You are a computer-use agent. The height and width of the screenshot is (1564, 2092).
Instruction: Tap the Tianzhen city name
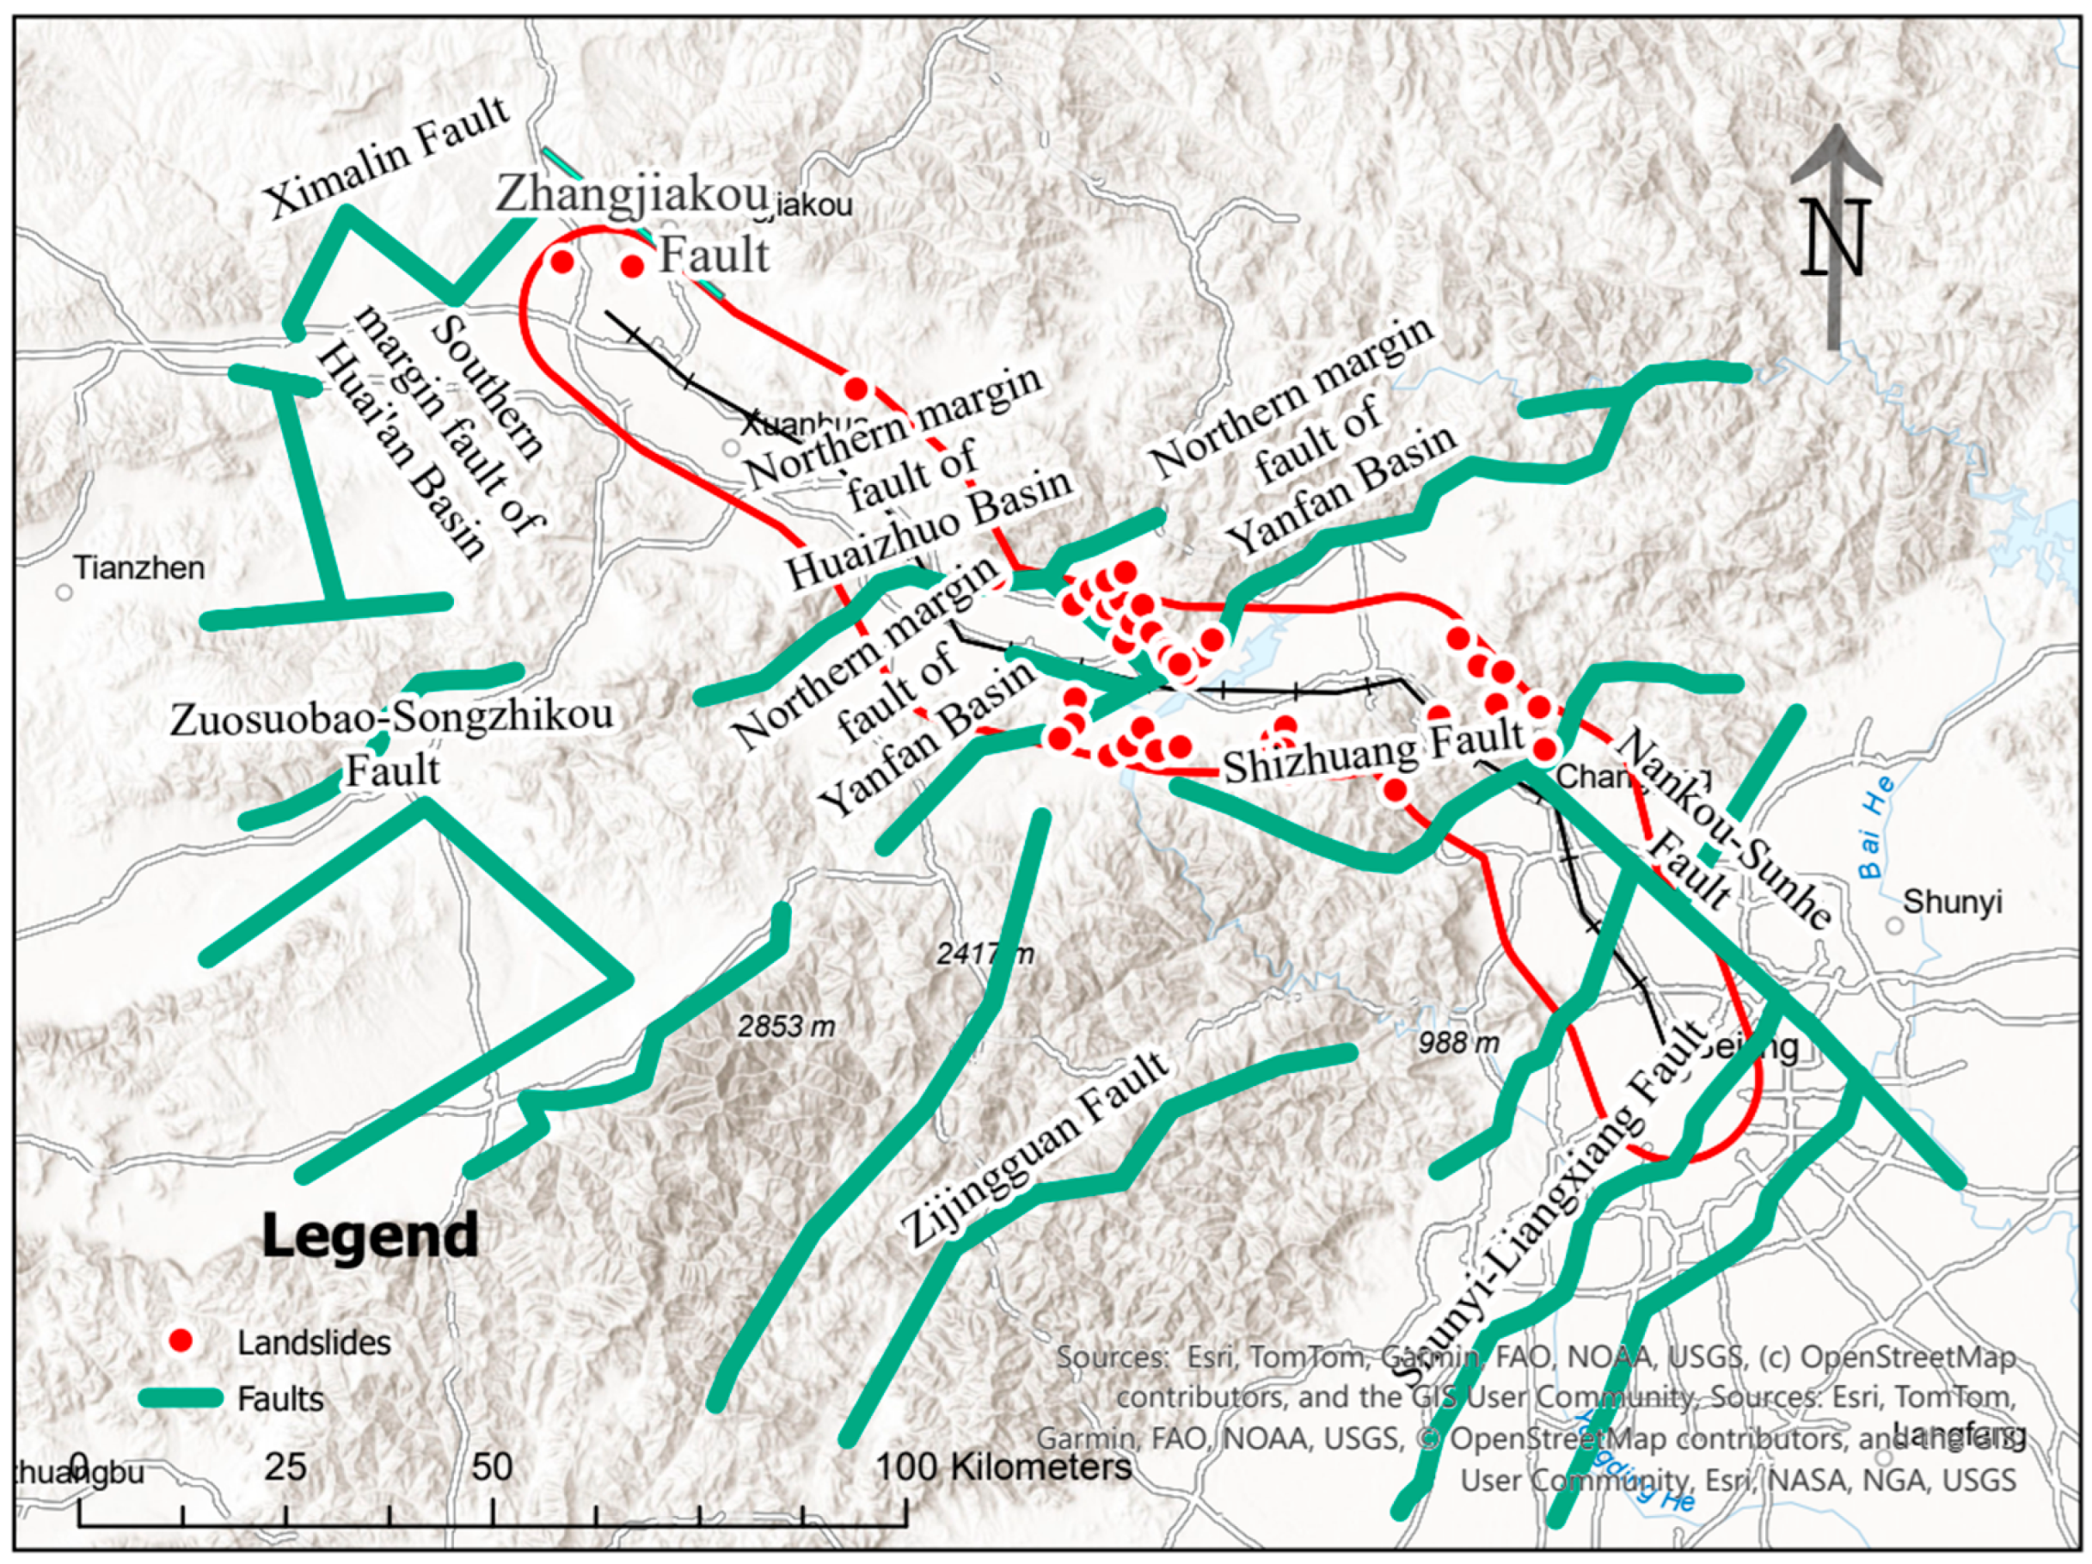point(139,568)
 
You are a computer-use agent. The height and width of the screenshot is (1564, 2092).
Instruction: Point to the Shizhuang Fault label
point(1373,751)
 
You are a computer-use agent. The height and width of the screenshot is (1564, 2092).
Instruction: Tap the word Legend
point(370,1236)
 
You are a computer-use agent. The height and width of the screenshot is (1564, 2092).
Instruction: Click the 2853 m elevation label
point(786,1026)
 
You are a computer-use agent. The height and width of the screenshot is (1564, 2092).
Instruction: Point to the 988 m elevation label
point(1458,1043)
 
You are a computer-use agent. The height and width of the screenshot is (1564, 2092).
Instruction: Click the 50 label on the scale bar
point(492,1467)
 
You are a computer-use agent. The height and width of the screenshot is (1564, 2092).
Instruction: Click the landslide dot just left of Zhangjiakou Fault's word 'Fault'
point(633,266)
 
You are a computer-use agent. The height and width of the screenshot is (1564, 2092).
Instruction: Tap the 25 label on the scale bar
point(285,1467)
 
